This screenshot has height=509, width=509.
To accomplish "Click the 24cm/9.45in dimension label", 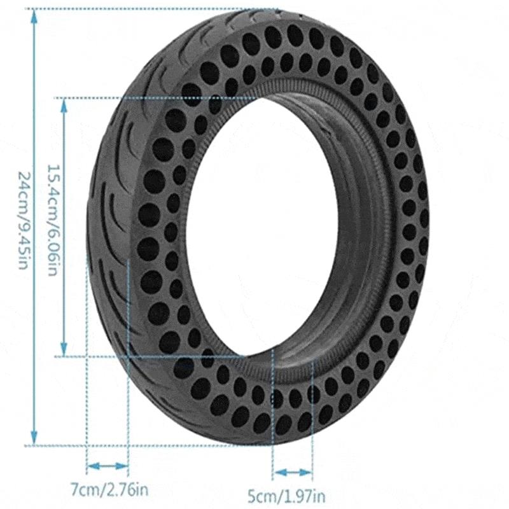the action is click(23, 220).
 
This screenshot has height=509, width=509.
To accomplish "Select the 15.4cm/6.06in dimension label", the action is click(53, 220).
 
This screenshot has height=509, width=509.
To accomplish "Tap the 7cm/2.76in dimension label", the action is click(109, 490).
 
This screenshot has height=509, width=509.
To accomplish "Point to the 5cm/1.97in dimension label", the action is click(286, 496).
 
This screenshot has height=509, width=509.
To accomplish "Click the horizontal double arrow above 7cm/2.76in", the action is click(108, 466).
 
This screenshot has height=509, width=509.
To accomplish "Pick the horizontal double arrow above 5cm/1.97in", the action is click(292, 472).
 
